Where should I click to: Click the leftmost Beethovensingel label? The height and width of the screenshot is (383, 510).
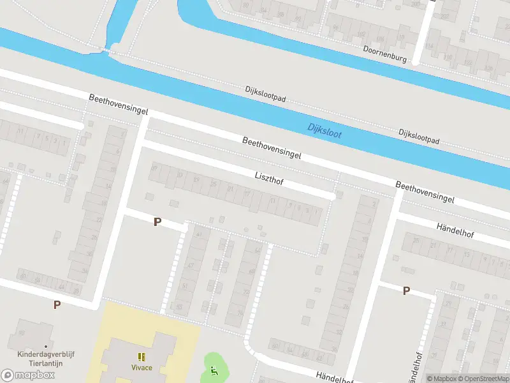tap(118, 103)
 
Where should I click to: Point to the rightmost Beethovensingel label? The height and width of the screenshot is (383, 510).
tap(425, 192)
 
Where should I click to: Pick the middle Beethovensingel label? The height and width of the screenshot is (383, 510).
tap(271, 147)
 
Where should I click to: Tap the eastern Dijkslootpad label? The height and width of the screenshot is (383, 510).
tap(419, 135)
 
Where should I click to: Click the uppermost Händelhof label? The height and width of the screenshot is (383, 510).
tap(458, 229)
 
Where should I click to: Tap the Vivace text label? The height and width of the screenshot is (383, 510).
tap(142, 368)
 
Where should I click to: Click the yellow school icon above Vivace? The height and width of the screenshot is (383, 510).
tap(142, 356)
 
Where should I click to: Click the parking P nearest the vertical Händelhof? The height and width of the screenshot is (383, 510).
tap(405, 291)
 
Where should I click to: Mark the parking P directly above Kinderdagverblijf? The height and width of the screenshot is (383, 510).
tap(57, 304)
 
